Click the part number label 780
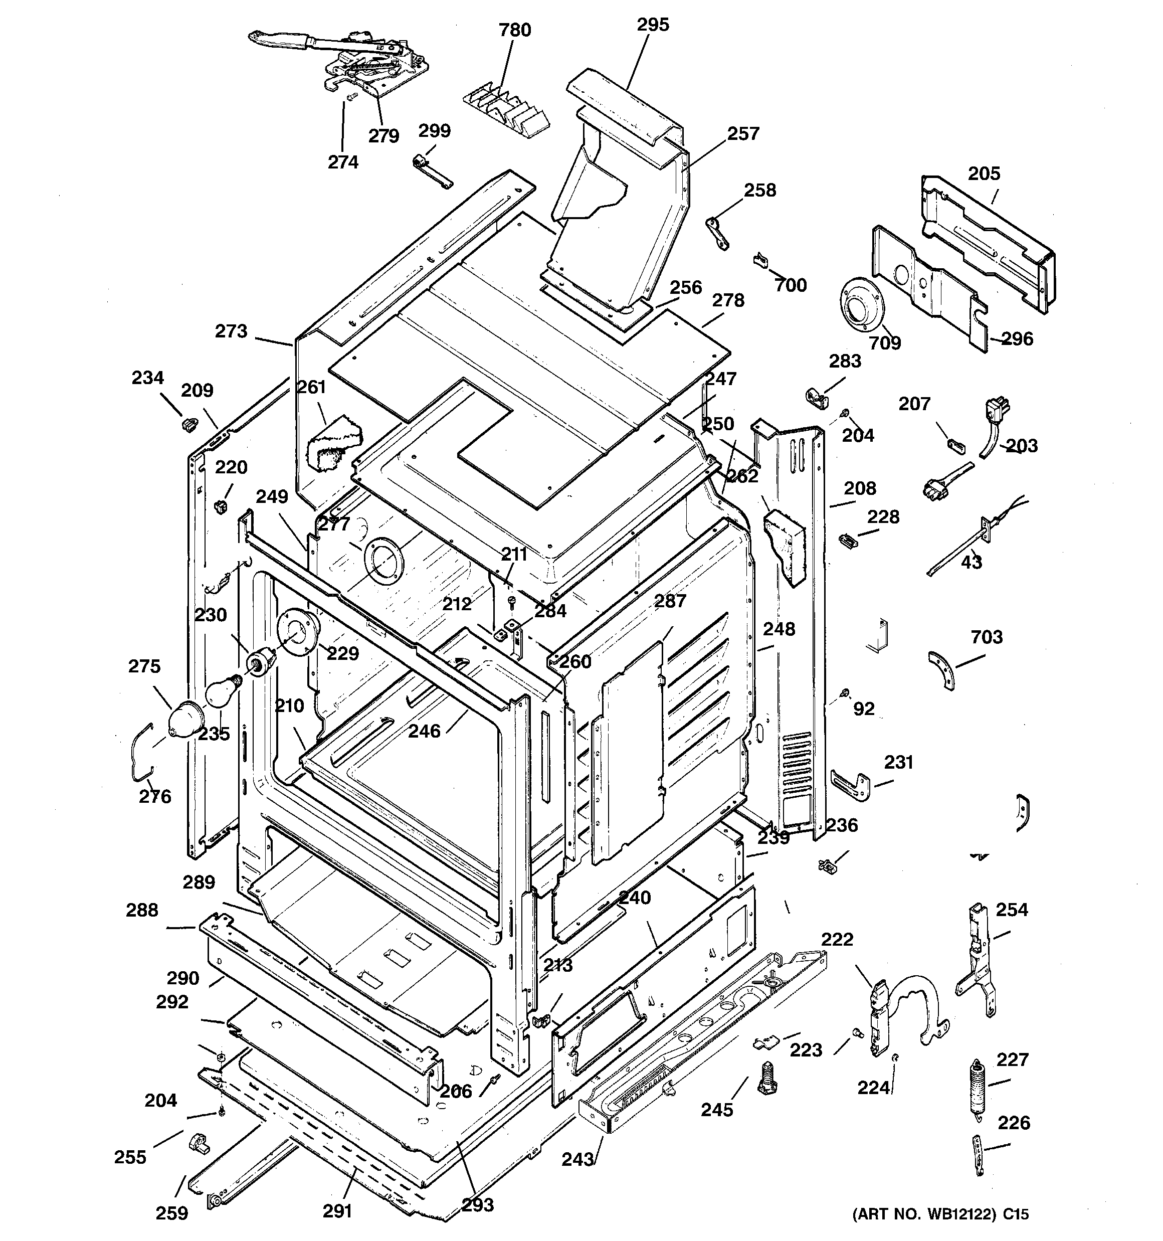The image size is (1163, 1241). (514, 30)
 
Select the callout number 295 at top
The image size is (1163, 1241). (652, 25)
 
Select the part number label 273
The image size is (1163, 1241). (231, 331)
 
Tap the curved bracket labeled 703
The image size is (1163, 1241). (942, 669)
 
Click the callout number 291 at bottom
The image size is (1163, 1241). (337, 1210)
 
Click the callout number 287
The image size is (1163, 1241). (670, 601)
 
